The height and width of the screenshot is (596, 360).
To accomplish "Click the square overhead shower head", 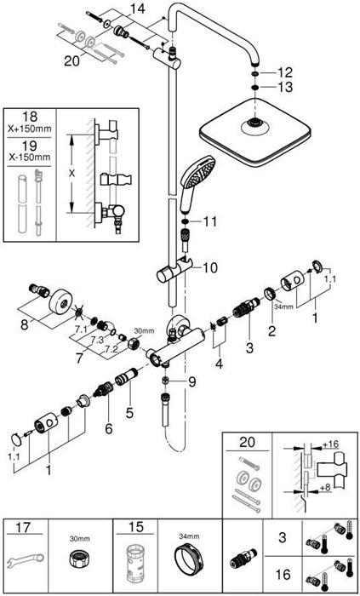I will [253, 130].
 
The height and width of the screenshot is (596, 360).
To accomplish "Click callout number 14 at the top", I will [137, 9].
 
